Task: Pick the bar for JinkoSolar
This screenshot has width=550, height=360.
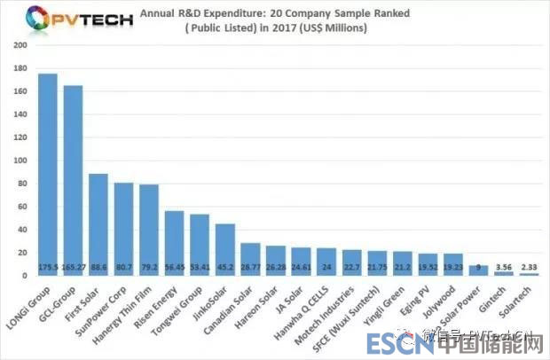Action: [x=225, y=249]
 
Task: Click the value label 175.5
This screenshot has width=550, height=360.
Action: [x=48, y=265]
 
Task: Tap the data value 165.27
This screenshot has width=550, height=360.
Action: [x=73, y=265]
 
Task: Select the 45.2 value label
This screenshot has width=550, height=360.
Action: [x=225, y=265]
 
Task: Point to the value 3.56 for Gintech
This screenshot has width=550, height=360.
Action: [x=504, y=265]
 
